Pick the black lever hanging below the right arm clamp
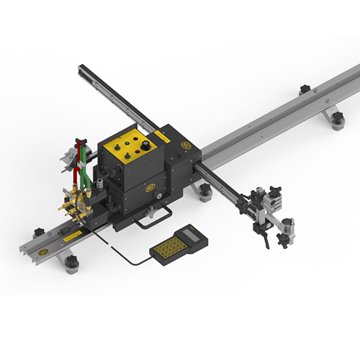coord(269,240)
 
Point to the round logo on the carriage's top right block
coord(186,145)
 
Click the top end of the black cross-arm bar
coord(81,70)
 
